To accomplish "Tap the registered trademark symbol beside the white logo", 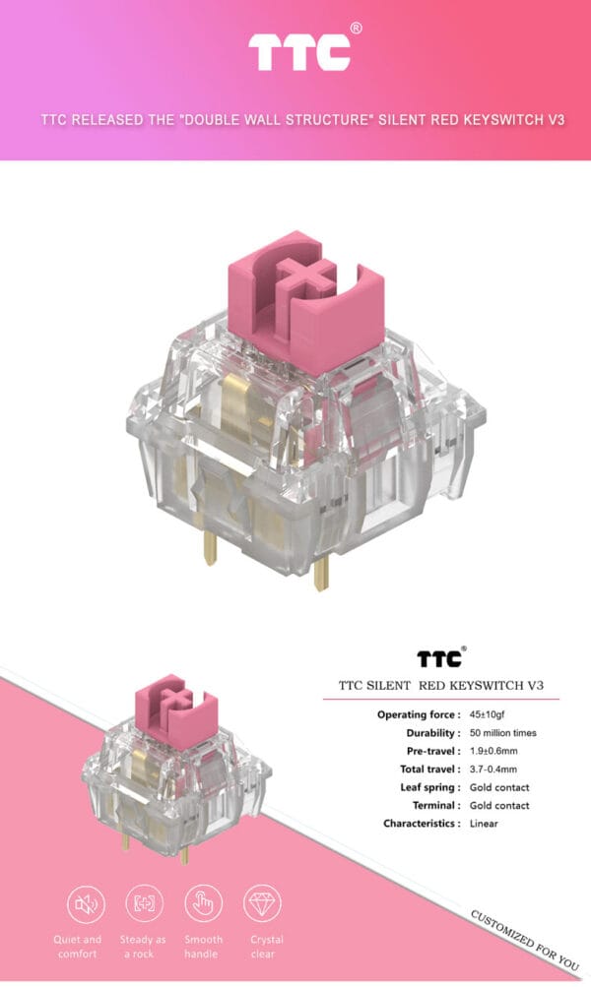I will pos(356,29).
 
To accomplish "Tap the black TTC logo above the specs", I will pos(437,658).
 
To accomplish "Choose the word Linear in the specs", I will pos(485,823).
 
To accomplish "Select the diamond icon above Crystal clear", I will pos(262,902).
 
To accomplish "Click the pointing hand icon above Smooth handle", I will pos(203,902).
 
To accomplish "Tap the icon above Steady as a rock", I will pos(144,902).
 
